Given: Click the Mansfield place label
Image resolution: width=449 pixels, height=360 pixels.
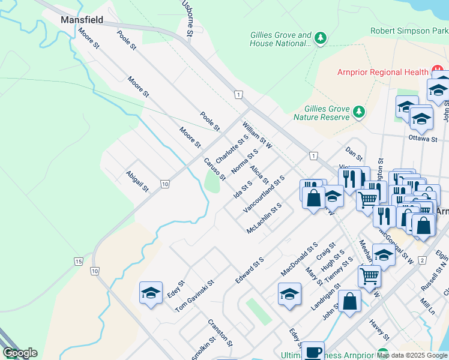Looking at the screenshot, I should tap(82, 20).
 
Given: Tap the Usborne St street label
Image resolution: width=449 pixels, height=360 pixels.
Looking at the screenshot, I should tap(187, 19).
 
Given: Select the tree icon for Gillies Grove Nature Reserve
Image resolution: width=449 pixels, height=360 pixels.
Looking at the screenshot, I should tap(359, 112).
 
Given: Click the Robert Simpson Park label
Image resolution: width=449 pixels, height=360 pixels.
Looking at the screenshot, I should tap(409, 31).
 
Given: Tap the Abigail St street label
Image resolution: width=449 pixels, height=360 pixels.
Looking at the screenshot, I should tap(137, 181).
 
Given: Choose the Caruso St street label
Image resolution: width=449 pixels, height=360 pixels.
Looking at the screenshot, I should tap(214, 169).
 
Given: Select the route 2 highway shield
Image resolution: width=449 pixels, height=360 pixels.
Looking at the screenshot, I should tap(422, 260).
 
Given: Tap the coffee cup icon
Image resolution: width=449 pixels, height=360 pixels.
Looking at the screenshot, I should tap(312, 352).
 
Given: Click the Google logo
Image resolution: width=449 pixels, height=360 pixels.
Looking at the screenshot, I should tap(19, 353).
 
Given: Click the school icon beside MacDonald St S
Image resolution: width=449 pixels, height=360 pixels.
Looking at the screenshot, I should tap(289, 294).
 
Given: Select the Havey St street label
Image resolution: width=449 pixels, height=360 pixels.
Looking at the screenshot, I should tap(379, 328).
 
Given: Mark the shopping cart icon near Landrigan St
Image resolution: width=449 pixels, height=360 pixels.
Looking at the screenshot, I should tap(369, 276).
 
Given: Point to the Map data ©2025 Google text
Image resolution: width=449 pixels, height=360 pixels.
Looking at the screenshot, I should tap(412, 355).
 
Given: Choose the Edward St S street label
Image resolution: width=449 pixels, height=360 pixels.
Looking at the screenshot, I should tap(250, 271).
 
